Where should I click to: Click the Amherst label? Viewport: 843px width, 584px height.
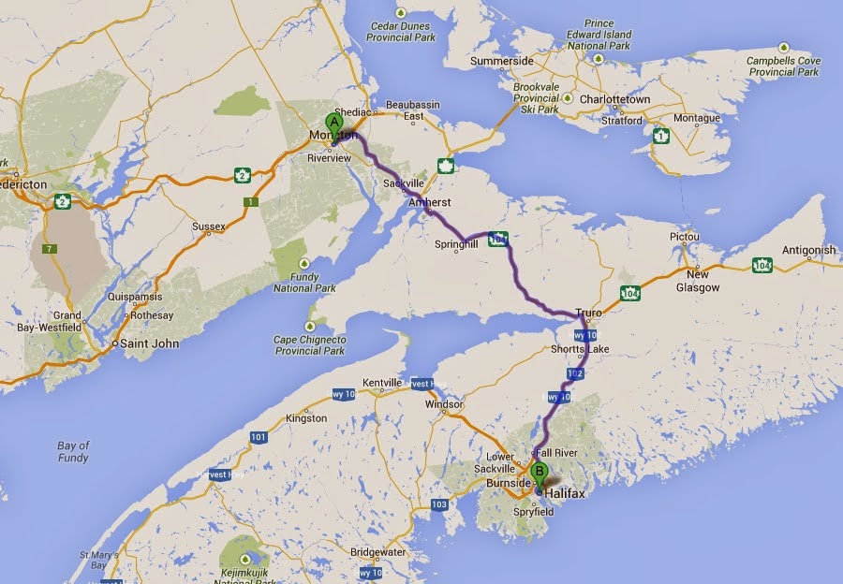pyautogui.click(x=430, y=202)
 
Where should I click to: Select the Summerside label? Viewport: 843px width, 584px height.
pyautogui.click(x=501, y=61)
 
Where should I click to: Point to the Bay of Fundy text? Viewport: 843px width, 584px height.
pyautogui.click(x=73, y=451)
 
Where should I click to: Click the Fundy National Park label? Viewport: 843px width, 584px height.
pyautogui.click(x=307, y=283)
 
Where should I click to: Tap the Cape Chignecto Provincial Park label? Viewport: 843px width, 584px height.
pyautogui.click(x=309, y=344)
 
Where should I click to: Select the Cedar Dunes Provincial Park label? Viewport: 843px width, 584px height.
pyautogui.click(x=402, y=31)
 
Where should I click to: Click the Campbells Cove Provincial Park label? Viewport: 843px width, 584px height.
pyautogui.click(x=784, y=66)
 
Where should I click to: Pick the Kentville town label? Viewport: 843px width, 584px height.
pyautogui.click(x=382, y=384)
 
